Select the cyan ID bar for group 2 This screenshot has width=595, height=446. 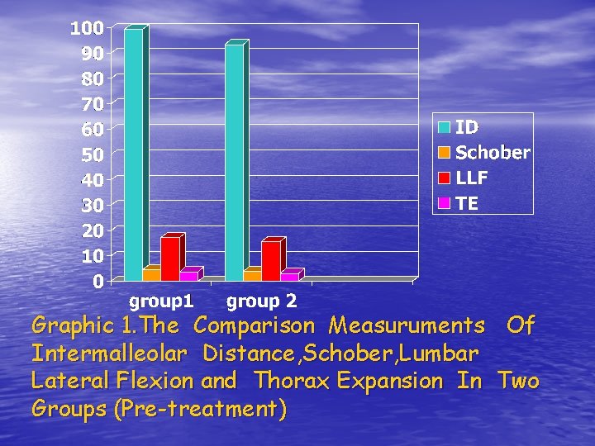(x=234, y=162)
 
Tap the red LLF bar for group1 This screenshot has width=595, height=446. (x=170, y=259)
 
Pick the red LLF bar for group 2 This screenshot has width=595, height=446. (x=271, y=261)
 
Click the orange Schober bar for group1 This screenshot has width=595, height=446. (x=151, y=274)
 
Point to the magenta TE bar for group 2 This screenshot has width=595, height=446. (x=289, y=276)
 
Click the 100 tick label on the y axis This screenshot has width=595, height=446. (x=87, y=28)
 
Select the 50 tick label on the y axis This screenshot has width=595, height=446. (x=91, y=154)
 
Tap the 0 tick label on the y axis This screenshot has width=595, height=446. (x=98, y=282)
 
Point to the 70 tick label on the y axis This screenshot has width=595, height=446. (x=91, y=104)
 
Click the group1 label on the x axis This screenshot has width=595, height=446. (x=161, y=300)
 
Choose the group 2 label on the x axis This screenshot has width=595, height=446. (x=261, y=300)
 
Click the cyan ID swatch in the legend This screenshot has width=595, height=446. (x=444, y=127)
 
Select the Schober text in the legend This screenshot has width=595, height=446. (x=493, y=153)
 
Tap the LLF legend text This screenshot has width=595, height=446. (x=472, y=178)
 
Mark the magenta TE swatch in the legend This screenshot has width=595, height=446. (x=444, y=203)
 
